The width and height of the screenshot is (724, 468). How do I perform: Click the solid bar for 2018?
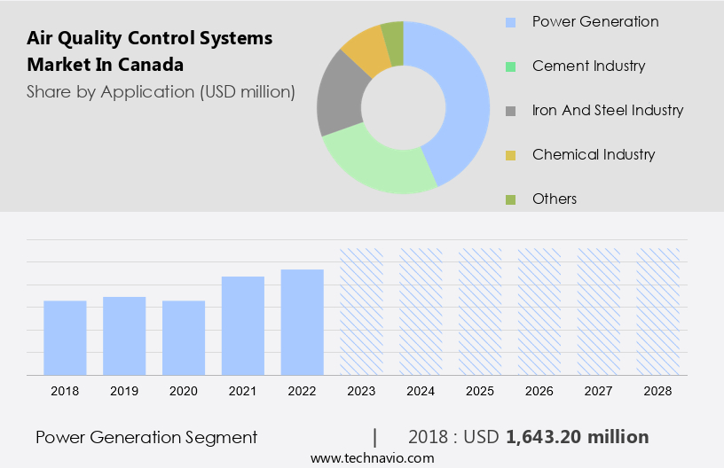tap(65, 338)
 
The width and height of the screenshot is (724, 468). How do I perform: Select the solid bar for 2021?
tap(243, 325)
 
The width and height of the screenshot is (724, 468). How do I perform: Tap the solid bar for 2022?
tap(303, 322)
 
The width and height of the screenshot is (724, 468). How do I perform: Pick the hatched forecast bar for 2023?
tap(361, 311)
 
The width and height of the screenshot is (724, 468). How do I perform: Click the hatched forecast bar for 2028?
tap(658, 311)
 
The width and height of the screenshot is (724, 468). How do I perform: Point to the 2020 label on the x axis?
tap(184, 391)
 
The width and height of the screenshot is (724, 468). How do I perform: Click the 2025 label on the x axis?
tap(480, 391)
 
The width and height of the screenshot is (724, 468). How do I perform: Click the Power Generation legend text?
tap(595, 21)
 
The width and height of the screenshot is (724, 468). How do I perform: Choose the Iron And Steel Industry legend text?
tap(608, 110)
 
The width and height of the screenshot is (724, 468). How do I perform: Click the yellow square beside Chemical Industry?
tap(509, 155)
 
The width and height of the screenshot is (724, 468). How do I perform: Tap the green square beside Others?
tap(509, 199)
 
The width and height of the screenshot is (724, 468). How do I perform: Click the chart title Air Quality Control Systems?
tap(149, 38)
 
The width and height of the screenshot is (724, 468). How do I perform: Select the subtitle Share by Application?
tap(160, 91)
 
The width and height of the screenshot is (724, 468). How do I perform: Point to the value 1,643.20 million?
tap(577, 437)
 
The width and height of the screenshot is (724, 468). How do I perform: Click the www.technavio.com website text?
tap(372, 457)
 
